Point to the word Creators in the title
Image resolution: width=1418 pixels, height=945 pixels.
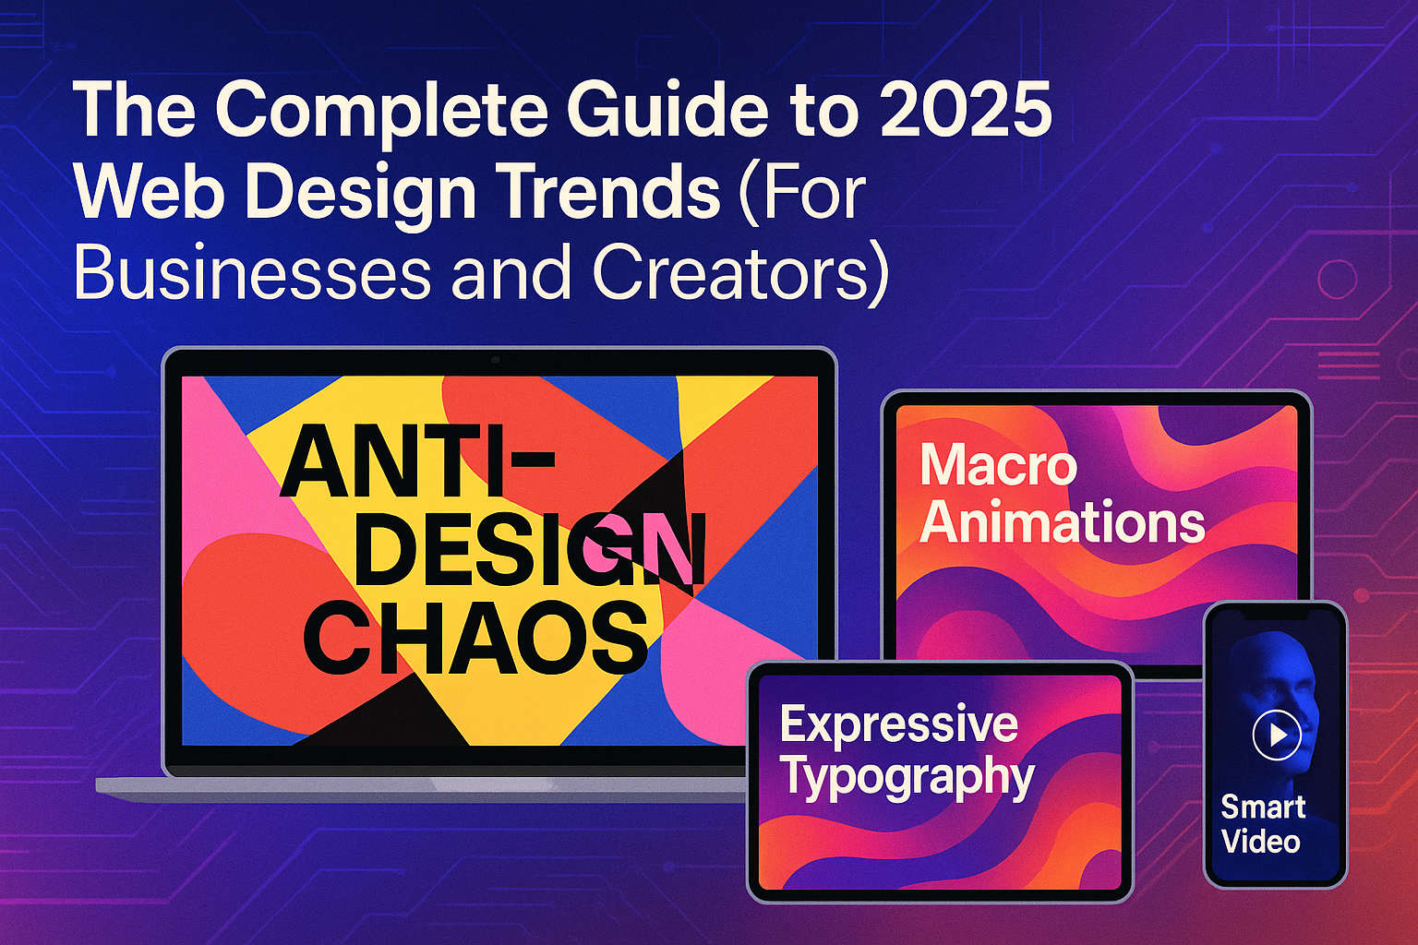[739, 273]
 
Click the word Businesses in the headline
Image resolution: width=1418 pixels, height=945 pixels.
[252, 273]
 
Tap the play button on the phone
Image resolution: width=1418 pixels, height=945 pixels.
[1277, 735]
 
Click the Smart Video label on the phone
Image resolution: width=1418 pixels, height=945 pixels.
[1262, 824]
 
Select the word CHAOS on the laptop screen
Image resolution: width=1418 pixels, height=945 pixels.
[476, 638]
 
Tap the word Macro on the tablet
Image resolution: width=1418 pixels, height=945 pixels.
[998, 465]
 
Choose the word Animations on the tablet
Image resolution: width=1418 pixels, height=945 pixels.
[1062, 522]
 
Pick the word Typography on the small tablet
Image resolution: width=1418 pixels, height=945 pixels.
[907, 777]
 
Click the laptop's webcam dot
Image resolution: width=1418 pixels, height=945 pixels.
[496, 360]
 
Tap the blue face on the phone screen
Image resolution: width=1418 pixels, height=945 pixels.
[1279, 683]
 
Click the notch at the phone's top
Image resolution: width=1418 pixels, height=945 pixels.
[1275, 613]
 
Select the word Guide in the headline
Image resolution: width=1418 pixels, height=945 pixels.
[666, 112]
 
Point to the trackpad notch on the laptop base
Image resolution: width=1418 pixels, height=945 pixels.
[493, 784]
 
